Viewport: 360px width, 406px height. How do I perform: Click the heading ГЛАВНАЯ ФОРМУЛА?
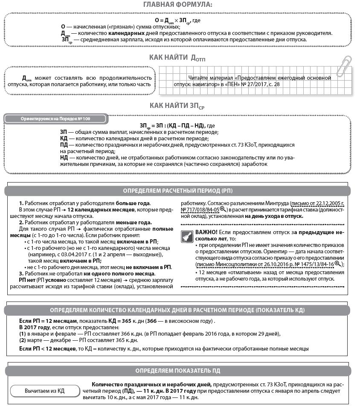(177, 5)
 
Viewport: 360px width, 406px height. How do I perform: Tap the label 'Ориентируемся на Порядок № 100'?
(55, 119)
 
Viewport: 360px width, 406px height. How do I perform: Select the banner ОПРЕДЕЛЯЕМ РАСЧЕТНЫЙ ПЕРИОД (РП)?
(177, 191)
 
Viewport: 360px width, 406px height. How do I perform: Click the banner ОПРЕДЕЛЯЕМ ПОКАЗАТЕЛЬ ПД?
(177, 371)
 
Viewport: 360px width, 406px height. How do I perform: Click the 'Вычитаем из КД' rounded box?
(44, 391)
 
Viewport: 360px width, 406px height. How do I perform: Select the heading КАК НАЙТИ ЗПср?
(177, 105)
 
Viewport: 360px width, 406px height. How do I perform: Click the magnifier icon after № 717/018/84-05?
(223, 209)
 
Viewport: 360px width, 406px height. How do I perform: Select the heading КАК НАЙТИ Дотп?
(177, 58)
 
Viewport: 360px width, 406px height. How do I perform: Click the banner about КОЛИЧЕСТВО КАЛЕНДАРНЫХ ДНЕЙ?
(177, 310)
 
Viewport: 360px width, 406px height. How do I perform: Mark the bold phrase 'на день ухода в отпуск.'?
(274, 216)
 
